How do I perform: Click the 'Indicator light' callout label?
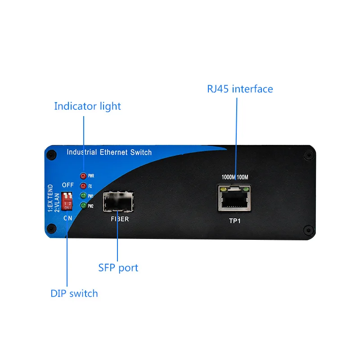point(87,106)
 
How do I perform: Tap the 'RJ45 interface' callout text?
point(240,89)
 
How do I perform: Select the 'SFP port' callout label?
point(118,268)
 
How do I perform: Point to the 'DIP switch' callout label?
point(74,293)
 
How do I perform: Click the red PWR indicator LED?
point(83,176)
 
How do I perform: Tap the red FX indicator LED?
point(83,186)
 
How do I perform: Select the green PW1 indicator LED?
point(83,196)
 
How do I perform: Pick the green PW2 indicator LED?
point(83,206)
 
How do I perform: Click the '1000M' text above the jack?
point(228,177)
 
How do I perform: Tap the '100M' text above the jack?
point(242,177)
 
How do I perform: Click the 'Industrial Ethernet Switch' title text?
point(109,152)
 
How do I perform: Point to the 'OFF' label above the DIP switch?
point(67,185)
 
